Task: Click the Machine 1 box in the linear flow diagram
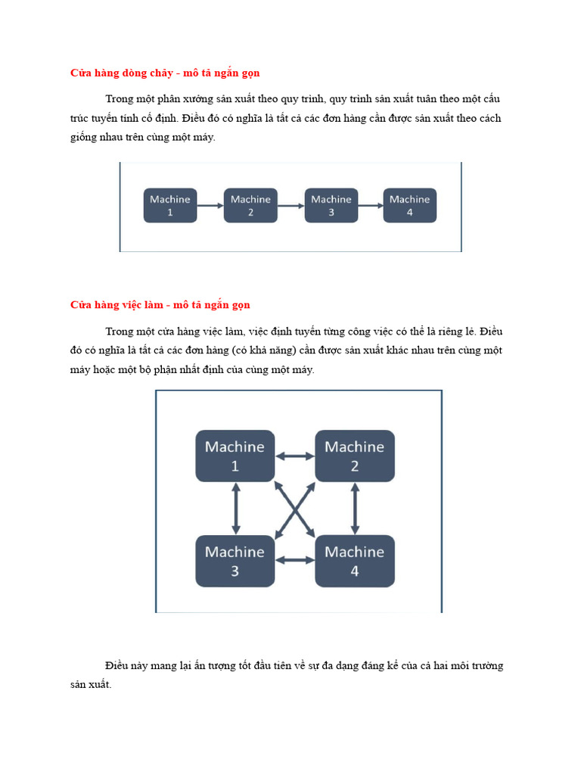[170, 205]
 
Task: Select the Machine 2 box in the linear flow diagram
[250, 205]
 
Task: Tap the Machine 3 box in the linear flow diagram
[331, 205]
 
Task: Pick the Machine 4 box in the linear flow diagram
[409, 205]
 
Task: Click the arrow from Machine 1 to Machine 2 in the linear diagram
[210, 205]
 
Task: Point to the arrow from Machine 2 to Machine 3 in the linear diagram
[290, 205]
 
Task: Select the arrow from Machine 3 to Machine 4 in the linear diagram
[370, 205]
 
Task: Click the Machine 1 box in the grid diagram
[235, 456]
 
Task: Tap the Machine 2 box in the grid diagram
[354, 456]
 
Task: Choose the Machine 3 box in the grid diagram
[235, 561]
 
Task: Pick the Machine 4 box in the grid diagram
[354, 561]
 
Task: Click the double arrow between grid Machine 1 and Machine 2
[294, 456]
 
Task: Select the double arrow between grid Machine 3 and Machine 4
[294, 561]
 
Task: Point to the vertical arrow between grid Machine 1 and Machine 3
[235, 509]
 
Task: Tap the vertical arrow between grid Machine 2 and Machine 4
[354, 509]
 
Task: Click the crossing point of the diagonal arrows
[294, 509]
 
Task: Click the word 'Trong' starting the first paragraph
[119, 99]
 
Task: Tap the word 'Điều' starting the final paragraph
[118, 666]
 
